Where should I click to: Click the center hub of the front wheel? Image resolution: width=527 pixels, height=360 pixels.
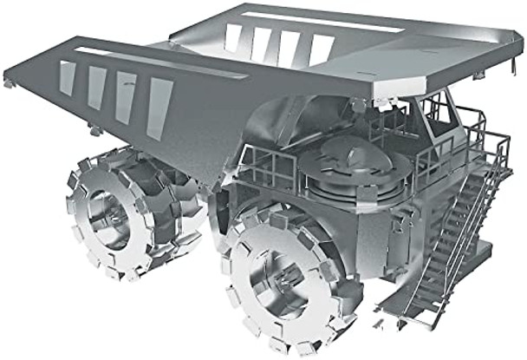point(276,280)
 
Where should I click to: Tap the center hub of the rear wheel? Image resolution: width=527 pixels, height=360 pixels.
point(109,211)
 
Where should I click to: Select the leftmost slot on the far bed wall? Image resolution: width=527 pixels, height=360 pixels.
point(233,37)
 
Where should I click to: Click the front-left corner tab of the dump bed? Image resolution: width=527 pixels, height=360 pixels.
point(9,82)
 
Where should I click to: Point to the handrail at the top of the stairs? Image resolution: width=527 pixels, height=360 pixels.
point(477,139)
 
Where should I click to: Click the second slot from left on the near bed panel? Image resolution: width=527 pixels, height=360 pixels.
point(97,88)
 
